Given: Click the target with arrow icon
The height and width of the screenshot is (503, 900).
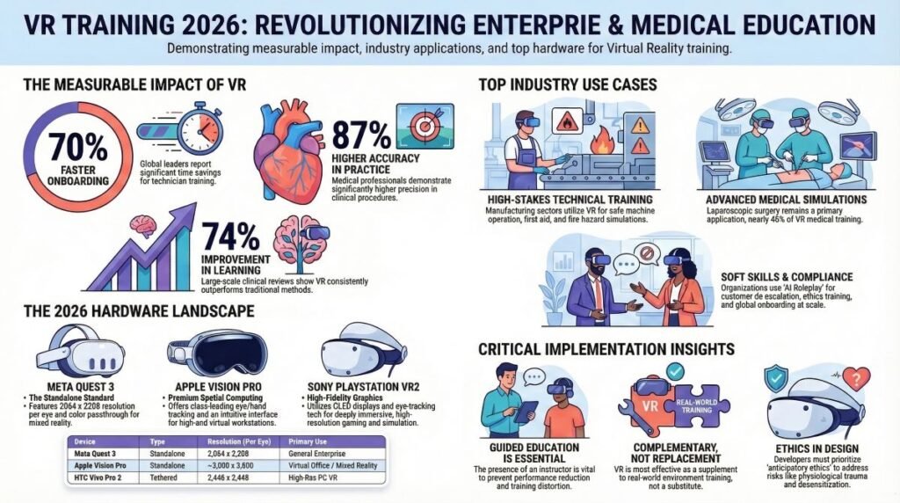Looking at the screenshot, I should point(425,127).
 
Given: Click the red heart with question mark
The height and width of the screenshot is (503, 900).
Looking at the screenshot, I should point(855,380).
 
